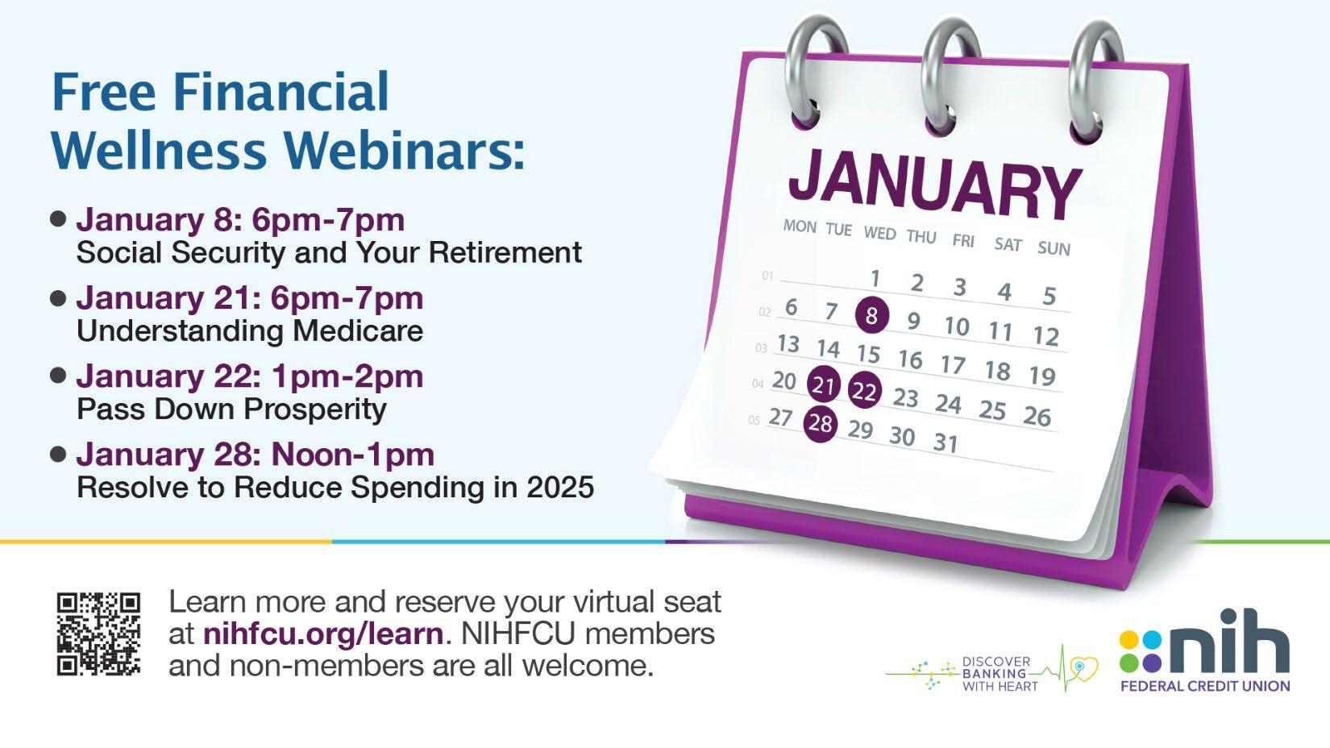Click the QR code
click(x=98, y=634)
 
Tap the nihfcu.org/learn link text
click(x=323, y=634)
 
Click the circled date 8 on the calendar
click(x=871, y=314)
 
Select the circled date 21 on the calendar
click(x=824, y=384)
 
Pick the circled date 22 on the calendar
click(x=864, y=391)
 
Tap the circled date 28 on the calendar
click(x=820, y=424)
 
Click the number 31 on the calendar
click(x=946, y=443)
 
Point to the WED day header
click(x=879, y=233)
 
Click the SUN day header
click(x=1054, y=248)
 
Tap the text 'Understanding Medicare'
click(x=250, y=331)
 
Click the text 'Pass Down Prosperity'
click(x=231, y=409)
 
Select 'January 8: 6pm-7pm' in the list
click(x=240, y=220)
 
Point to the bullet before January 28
click(x=58, y=455)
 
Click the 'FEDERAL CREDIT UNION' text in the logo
click(x=1205, y=686)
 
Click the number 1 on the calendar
click(x=875, y=278)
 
